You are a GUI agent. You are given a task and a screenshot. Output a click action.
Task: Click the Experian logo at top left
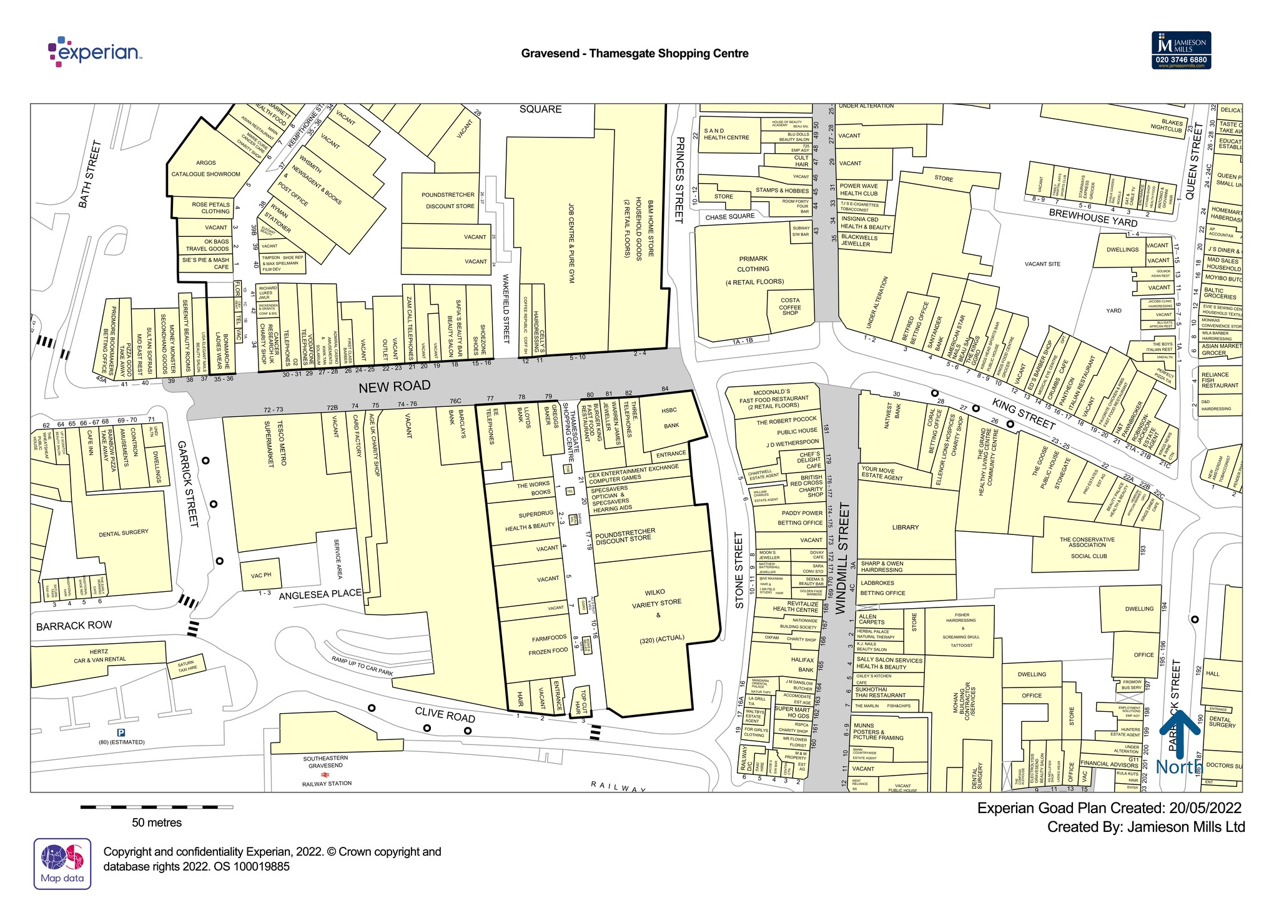pyautogui.click(x=95, y=52)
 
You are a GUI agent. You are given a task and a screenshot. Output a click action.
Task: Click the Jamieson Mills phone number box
pyautogui.click(x=1181, y=60)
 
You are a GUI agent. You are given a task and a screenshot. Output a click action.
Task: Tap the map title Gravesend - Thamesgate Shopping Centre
pyautogui.click(x=635, y=54)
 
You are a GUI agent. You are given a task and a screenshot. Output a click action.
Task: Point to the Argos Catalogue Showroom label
pyautogui.click(x=205, y=169)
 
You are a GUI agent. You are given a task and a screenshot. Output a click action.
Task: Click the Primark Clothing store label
pyautogui.click(x=753, y=269)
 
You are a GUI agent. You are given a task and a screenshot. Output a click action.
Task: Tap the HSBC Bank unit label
pyautogui.click(x=670, y=417)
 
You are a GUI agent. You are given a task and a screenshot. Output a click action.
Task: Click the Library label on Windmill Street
pyautogui.click(x=905, y=527)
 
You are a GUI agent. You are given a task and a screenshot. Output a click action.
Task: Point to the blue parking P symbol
pyautogui.click(x=121, y=732)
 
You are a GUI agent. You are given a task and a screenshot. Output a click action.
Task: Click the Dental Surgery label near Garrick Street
pyautogui.click(x=124, y=532)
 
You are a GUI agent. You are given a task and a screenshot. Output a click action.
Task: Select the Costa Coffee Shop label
pyautogui.click(x=789, y=306)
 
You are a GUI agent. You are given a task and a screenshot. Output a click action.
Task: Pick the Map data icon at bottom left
pyautogui.click(x=62, y=863)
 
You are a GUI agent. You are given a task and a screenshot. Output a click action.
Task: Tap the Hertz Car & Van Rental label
pyautogui.click(x=99, y=656)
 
